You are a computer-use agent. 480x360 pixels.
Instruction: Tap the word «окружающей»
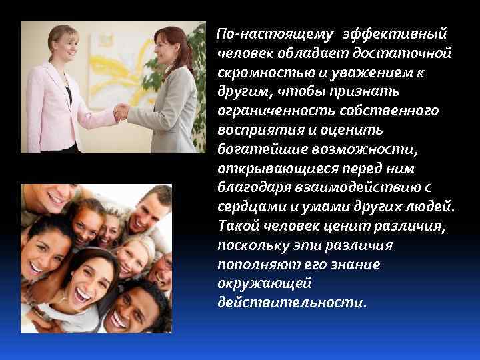click(x=255, y=283)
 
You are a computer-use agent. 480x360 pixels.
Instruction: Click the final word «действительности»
click(x=291, y=303)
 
